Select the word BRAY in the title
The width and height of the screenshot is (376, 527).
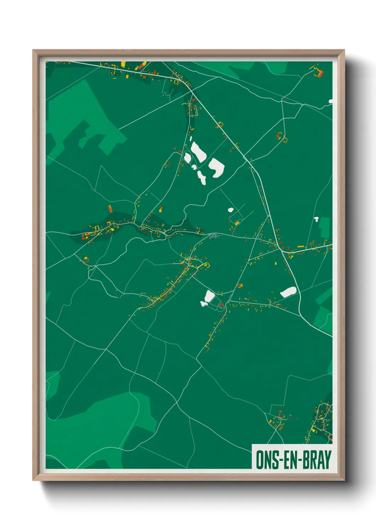pyautogui.click(x=318, y=460)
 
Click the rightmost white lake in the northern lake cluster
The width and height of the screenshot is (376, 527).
pyautogui.click(x=216, y=167)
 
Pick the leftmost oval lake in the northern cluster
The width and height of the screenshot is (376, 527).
pyautogui.click(x=187, y=157)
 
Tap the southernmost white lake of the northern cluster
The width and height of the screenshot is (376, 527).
pyautogui.click(x=202, y=177)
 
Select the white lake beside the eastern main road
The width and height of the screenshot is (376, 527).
pyautogui.click(x=288, y=292)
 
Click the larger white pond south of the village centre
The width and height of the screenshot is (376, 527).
pyautogui.click(x=209, y=295)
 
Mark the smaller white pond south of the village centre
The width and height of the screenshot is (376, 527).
pyautogui.click(x=204, y=303)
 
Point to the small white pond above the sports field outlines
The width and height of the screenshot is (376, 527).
pyautogui.click(x=230, y=210)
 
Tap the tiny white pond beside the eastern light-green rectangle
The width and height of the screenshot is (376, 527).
pyautogui.click(x=316, y=219)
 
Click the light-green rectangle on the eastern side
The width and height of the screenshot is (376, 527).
pyautogui.click(x=324, y=227)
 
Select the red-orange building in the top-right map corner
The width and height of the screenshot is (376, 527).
pyautogui.click(x=320, y=73)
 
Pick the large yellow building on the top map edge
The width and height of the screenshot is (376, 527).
pyautogui.click(x=123, y=64)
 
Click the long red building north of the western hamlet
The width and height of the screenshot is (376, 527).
pyautogui.click(x=111, y=209)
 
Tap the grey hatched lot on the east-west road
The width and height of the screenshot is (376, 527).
pyautogui.click(x=214, y=235)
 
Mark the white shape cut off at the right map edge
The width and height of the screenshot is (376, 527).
pyautogui.click(x=331, y=101)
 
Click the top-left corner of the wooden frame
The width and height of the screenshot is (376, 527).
pyautogui.click(x=33, y=51)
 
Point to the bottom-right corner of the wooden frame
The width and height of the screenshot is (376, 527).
pyautogui.click(x=344, y=480)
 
